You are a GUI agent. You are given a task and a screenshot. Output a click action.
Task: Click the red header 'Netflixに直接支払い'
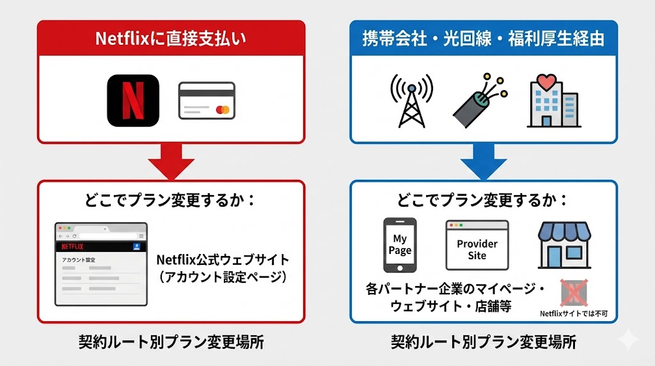click(171, 38)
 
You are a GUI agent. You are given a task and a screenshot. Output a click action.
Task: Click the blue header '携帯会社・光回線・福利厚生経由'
click(484, 38)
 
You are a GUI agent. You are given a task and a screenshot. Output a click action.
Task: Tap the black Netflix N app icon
click(132, 100)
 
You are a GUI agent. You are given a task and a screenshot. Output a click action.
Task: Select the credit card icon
click(207, 100)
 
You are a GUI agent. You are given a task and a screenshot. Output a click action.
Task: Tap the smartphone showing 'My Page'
click(400, 245)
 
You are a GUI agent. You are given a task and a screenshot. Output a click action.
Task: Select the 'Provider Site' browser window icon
click(477, 245)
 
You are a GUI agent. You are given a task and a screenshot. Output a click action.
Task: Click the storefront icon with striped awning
click(563, 244)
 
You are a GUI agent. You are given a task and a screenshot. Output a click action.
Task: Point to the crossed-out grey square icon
click(574, 293)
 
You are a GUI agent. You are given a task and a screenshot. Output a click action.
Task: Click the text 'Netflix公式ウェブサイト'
click(223, 260)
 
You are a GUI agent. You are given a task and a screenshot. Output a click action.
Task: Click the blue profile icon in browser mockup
click(137, 246)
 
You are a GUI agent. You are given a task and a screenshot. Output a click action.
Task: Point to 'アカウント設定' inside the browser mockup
click(78, 260)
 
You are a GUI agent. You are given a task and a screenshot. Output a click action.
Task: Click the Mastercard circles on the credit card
click(223, 109)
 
